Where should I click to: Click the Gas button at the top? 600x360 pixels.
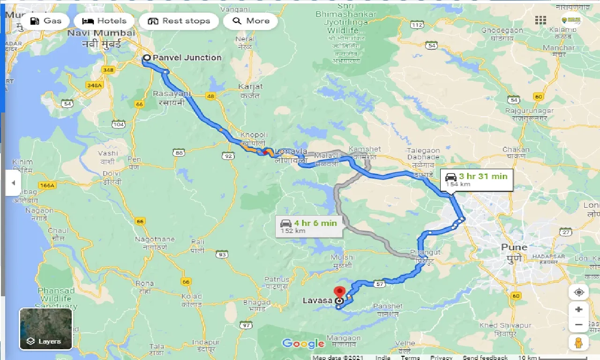tap(45, 21)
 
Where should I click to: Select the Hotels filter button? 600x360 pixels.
tap(104, 21)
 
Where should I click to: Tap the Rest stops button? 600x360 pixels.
tap(179, 21)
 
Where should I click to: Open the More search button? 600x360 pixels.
tap(250, 21)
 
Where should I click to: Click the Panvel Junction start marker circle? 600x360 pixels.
tap(146, 58)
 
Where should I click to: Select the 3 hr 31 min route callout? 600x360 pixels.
tap(477, 180)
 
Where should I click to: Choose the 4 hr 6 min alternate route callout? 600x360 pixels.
tap(309, 226)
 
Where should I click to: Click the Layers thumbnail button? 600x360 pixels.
tap(45, 329)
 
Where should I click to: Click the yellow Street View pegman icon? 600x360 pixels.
tap(578, 342)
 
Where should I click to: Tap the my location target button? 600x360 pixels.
tap(578, 292)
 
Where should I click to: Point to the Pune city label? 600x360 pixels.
tap(514, 247)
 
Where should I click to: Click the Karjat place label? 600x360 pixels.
tap(250, 87)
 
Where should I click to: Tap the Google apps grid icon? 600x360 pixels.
tap(540, 20)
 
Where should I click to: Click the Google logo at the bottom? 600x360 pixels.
tap(303, 344)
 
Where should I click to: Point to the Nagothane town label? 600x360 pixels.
tap(154, 239)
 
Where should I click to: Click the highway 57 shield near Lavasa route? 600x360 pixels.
tap(379, 284)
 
